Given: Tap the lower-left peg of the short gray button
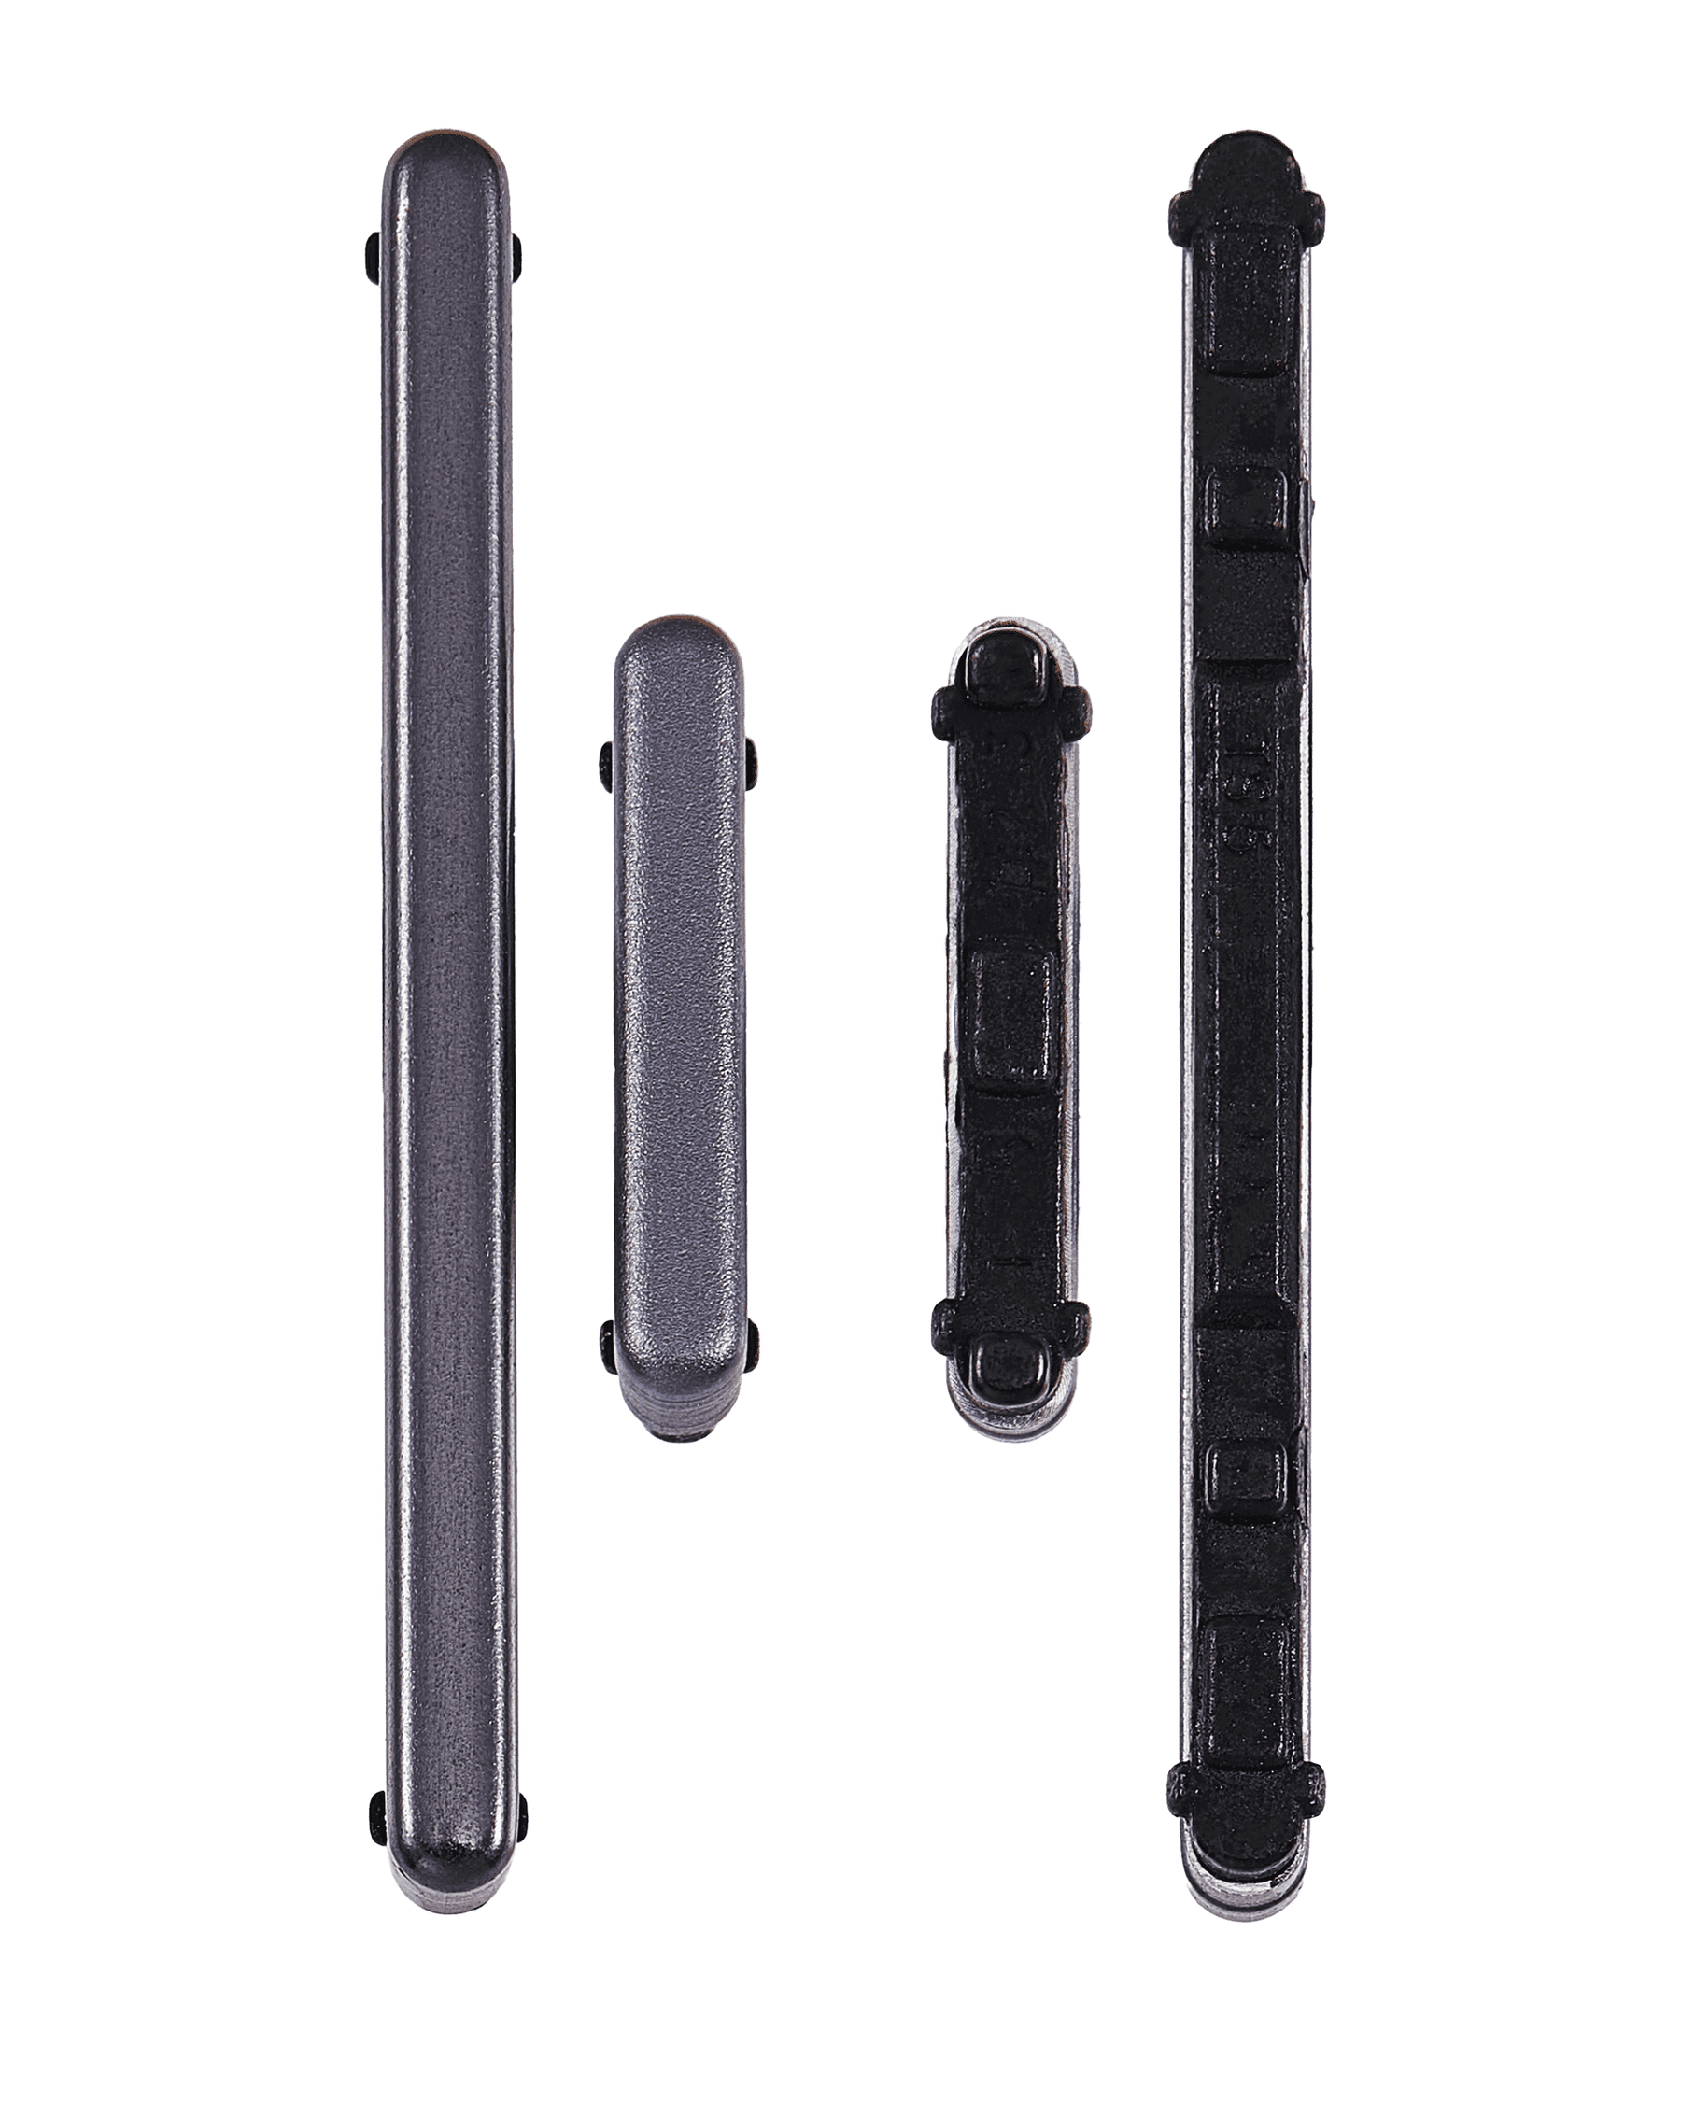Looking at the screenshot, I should [x=607, y=1347].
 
